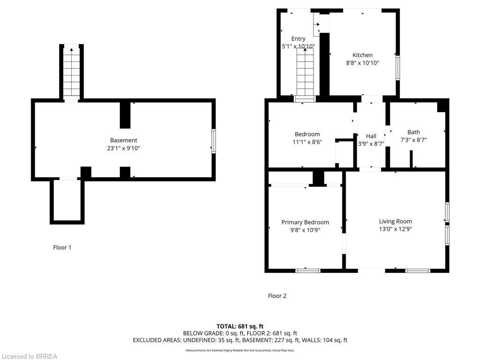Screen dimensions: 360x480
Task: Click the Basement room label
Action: tap(123, 140)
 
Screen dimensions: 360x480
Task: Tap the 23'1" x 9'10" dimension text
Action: tap(123, 148)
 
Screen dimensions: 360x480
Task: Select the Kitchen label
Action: tap(362, 55)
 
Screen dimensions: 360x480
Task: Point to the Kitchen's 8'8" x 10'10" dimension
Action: tap(362, 63)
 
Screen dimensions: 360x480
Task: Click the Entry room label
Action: tap(298, 38)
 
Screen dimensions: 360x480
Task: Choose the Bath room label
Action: tap(413, 132)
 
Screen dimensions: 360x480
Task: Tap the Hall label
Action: tap(371, 136)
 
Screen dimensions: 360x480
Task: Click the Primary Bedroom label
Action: tap(305, 222)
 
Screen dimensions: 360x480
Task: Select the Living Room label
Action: tap(395, 221)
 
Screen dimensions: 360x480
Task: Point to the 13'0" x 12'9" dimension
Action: tap(395, 229)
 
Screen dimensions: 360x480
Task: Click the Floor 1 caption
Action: tap(62, 247)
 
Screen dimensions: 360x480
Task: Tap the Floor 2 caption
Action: tap(277, 296)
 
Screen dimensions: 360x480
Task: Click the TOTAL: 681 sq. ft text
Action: tap(240, 326)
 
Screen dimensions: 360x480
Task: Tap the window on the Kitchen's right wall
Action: tap(397, 67)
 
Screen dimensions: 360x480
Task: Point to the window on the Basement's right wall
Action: tap(213, 141)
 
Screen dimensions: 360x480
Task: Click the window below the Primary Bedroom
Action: tap(308, 270)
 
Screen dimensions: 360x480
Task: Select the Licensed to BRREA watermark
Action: tap(29, 357)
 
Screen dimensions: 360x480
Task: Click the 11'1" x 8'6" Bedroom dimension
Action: tap(307, 142)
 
